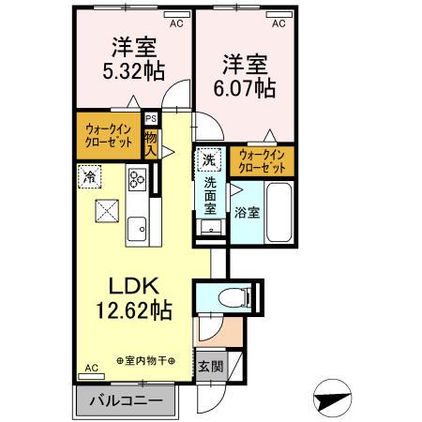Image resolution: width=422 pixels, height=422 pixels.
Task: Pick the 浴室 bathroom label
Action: coord(248,213)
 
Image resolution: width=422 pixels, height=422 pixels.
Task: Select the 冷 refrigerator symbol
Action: coord(90,175)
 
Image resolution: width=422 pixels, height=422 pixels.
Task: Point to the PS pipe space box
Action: coord(151,118)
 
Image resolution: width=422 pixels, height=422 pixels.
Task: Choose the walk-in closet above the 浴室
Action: coord(263,160)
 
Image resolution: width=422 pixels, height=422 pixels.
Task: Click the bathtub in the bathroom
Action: coord(280,212)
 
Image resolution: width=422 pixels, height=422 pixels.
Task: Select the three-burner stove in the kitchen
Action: coord(137,178)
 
